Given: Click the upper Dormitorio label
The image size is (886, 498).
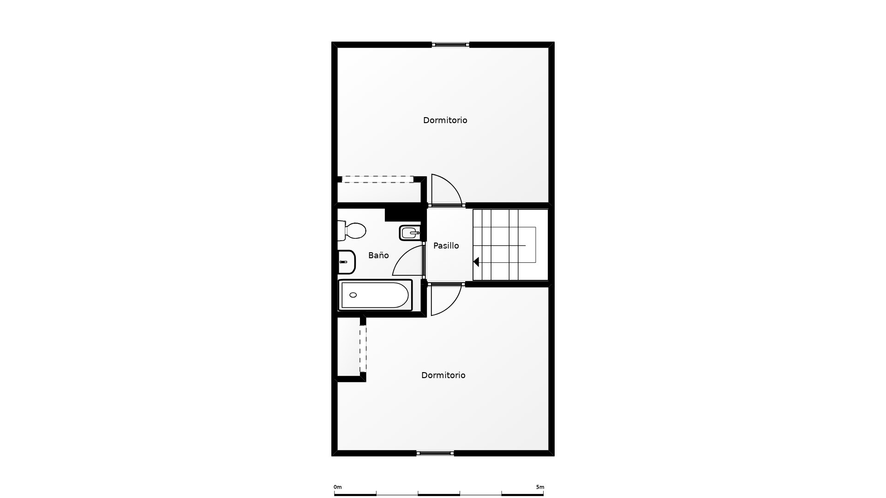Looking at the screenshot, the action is point(445,120).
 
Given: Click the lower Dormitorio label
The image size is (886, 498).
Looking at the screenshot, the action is point(443,375).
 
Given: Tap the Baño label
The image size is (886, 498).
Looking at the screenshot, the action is point(378,255).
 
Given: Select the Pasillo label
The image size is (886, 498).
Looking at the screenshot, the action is point(446,246).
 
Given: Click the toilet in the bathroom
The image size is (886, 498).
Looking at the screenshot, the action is point(352,231).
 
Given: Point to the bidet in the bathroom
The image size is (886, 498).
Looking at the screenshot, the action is point(410,233).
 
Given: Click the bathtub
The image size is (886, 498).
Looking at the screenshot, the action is point(375,295).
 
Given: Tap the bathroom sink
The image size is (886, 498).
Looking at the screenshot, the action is point(347,262).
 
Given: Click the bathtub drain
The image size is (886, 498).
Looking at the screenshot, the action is point(353,295).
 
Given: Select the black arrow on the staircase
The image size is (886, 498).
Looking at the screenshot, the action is point(476,262).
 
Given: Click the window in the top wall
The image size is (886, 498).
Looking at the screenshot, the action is point(450,45).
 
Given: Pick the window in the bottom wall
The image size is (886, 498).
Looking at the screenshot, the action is point(435,453).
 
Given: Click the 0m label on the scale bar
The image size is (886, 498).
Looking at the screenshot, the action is point(338,487).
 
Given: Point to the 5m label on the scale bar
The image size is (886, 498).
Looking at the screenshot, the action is point(540,487).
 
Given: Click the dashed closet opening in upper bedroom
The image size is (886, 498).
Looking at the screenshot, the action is point(378,179).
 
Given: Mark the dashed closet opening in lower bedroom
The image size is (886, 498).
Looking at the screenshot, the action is point(363,349).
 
